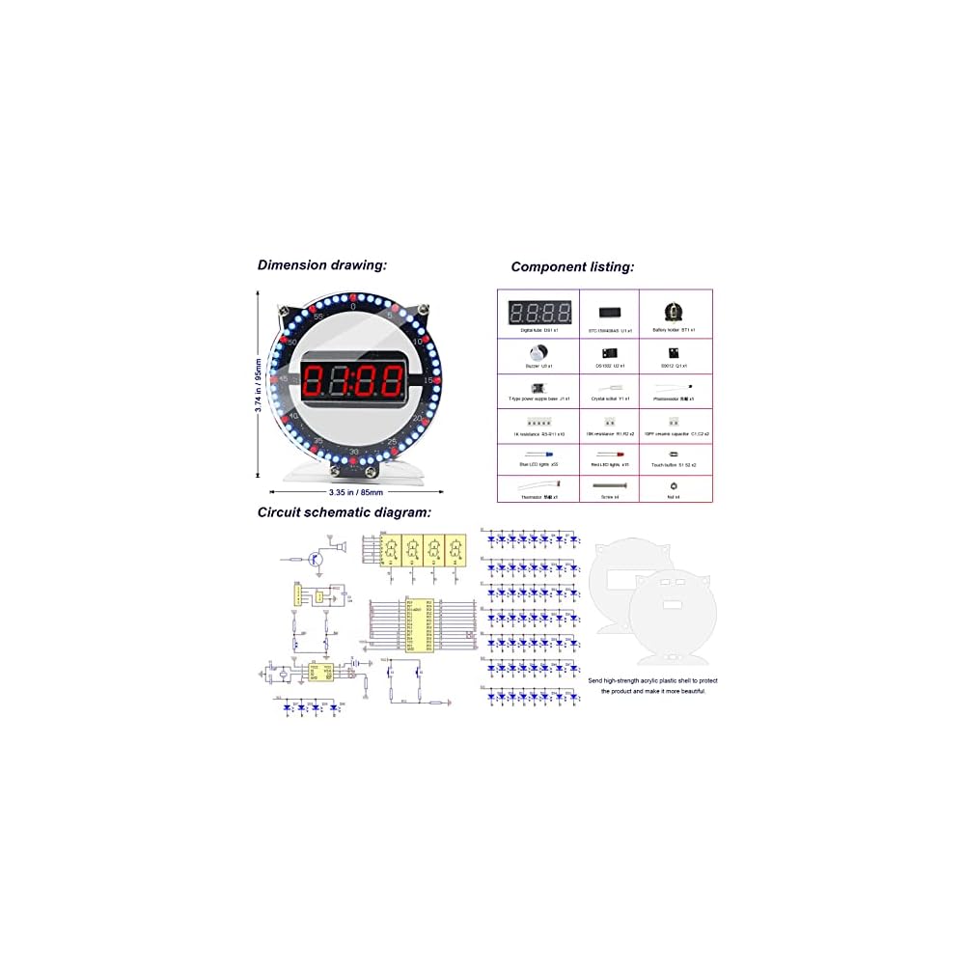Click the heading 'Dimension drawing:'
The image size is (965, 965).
point(321,264)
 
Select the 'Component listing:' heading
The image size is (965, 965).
point(572,267)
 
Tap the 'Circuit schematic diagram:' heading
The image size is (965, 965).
point(344,513)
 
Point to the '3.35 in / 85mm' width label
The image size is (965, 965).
point(354,492)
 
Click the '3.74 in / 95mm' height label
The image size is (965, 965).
point(258,384)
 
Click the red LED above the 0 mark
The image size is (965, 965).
point(353,295)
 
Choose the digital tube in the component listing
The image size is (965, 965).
point(539,312)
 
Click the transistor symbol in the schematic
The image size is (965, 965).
point(315,557)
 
